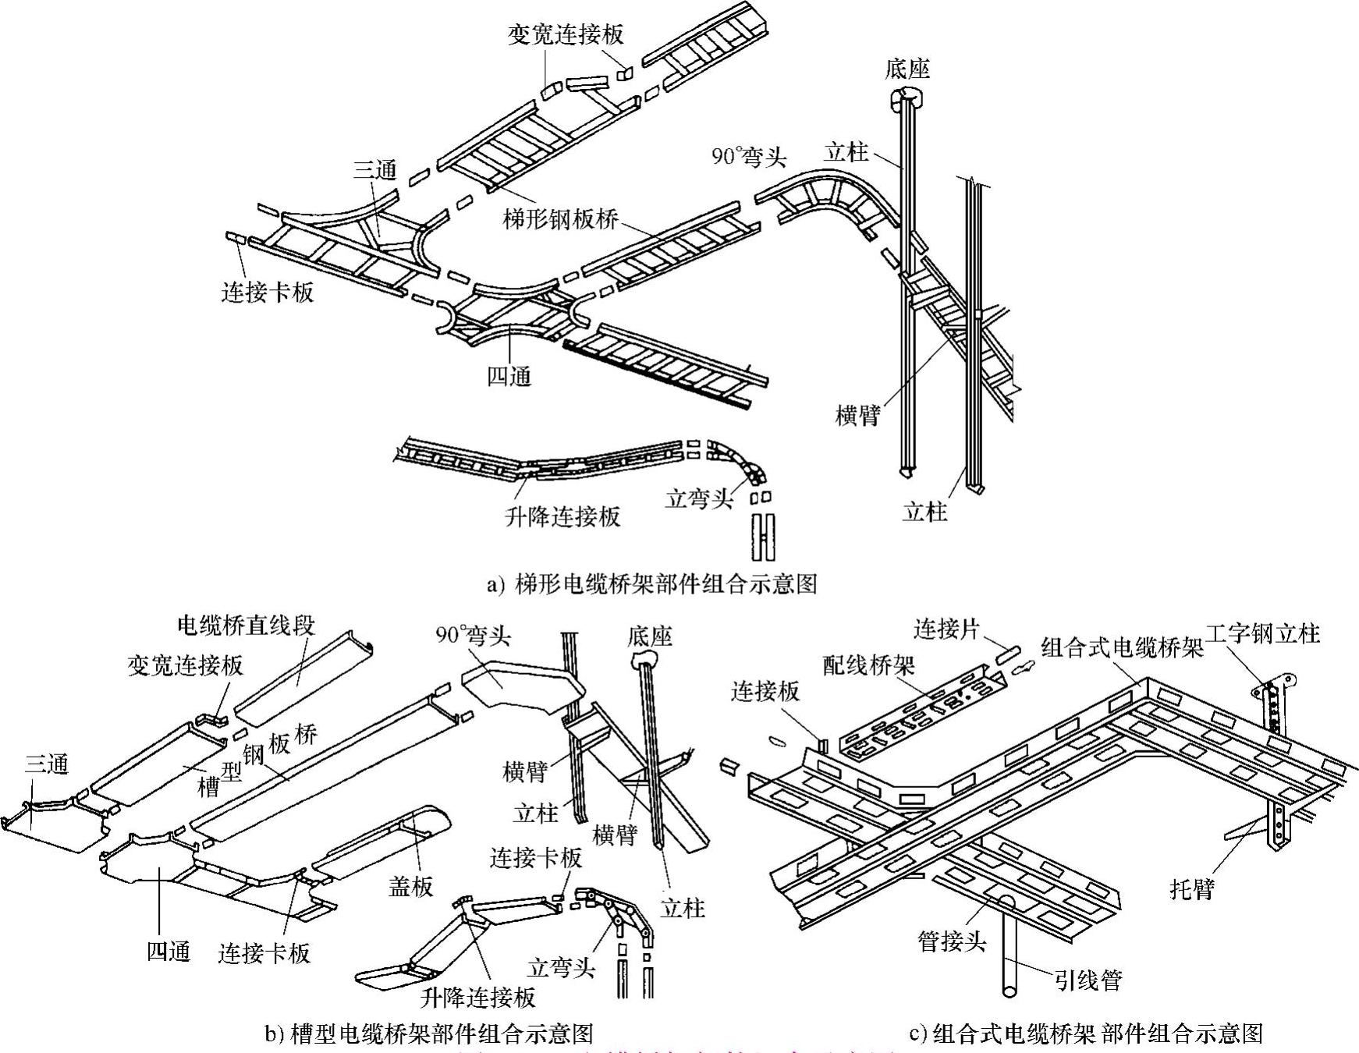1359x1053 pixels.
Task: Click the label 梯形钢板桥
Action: pyautogui.click(x=560, y=219)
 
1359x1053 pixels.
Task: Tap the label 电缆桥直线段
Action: pyautogui.click(x=246, y=626)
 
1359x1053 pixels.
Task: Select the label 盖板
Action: pyautogui.click(x=410, y=886)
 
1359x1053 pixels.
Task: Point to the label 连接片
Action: pyautogui.click(x=946, y=629)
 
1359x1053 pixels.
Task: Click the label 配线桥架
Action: pyautogui.click(x=868, y=665)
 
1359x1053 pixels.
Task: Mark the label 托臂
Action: pyautogui.click(x=1192, y=888)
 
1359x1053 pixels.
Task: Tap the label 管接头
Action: pyautogui.click(x=951, y=941)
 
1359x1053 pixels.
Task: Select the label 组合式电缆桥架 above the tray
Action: pyautogui.click(x=1122, y=647)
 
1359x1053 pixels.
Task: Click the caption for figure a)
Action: pyautogui.click(x=651, y=583)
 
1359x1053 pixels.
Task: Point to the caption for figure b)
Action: pyautogui.click(x=429, y=1033)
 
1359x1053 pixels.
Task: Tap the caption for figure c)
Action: pyautogui.click(x=1086, y=1033)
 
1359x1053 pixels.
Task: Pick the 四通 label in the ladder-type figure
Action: pyautogui.click(x=509, y=377)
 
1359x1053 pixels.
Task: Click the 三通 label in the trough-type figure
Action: pyautogui.click(x=46, y=764)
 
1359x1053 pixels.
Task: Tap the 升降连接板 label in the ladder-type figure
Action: pyautogui.click(x=562, y=516)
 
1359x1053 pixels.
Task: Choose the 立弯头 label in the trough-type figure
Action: pyautogui.click(x=561, y=968)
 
